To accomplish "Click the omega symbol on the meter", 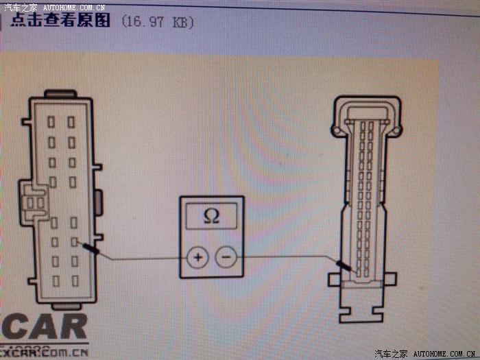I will click(212, 217).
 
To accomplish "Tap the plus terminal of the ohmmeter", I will click(197, 259).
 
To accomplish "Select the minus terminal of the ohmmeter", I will click(226, 259).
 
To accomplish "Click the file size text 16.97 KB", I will click(157, 22).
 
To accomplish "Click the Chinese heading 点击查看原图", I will click(60, 21).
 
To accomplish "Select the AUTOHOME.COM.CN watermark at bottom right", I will click(445, 354).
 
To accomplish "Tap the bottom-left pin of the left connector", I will click(56, 280).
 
